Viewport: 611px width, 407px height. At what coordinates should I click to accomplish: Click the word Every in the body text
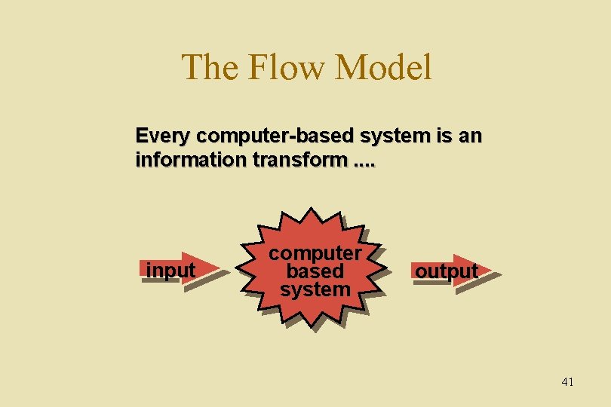point(163,136)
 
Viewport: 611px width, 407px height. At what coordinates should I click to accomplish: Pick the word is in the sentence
point(443,136)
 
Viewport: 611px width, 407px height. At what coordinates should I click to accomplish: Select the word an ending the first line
point(470,136)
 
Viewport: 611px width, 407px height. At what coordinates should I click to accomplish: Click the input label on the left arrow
point(170,270)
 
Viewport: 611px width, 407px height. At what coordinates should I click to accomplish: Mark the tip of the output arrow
point(492,269)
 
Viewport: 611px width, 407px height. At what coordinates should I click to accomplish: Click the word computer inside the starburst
point(316,253)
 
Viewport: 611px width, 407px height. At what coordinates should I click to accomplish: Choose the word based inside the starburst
point(315,271)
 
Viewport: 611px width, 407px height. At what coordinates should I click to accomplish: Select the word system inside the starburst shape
point(315,289)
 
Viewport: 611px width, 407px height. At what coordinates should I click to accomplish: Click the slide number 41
point(567,382)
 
